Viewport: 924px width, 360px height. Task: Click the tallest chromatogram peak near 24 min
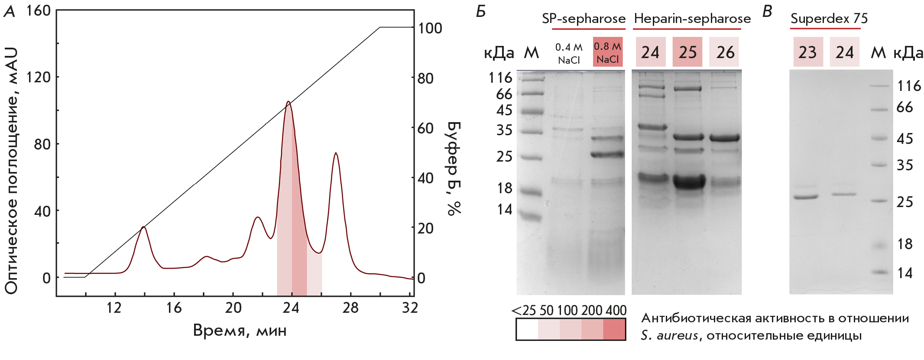[288, 102]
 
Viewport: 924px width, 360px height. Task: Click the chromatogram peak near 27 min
[336, 153]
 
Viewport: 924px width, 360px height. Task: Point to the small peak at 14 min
[143, 227]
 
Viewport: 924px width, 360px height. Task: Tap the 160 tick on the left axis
[38, 10]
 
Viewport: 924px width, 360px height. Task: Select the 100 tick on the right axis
[430, 28]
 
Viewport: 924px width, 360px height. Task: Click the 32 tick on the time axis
[410, 308]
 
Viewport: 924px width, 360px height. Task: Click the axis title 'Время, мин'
[240, 331]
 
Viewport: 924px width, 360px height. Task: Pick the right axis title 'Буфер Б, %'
[454, 168]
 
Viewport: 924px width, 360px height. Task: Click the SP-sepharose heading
[584, 19]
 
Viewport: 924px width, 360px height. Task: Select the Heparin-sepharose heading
[692, 19]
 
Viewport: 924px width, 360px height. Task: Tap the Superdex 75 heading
[829, 19]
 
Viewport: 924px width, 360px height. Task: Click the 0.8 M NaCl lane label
[607, 52]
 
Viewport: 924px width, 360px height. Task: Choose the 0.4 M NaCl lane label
[569, 53]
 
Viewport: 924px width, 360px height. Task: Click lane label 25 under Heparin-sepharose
[687, 52]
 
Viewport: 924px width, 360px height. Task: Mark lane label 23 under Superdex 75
[807, 52]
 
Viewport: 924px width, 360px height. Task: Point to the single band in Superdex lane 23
[806, 197]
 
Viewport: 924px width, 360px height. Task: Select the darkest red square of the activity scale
[614, 330]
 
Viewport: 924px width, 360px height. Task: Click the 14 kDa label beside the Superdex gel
[905, 273]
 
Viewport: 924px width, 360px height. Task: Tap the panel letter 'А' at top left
[10, 12]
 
